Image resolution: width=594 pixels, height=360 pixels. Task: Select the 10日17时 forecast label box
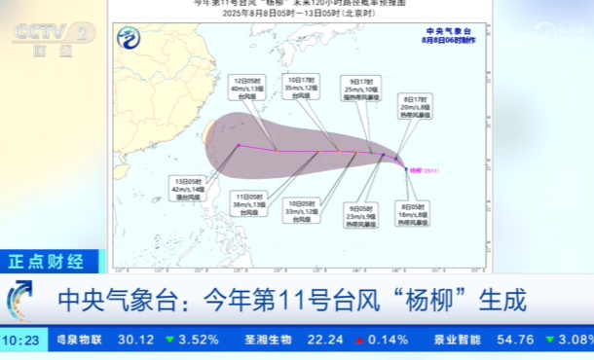tap(301, 87)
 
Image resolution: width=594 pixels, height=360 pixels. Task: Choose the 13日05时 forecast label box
tap(186, 187)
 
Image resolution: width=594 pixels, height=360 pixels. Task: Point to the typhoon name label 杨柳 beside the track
tap(421, 169)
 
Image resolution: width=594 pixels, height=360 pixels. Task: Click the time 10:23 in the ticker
tap(20, 340)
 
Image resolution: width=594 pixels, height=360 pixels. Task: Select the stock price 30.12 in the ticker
tap(136, 340)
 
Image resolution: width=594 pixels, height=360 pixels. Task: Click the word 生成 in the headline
tap(502, 299)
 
